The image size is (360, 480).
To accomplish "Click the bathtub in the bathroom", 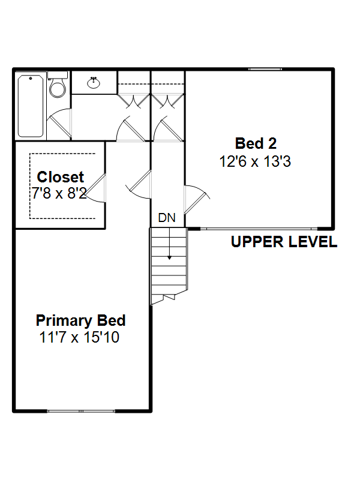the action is pos(31,106).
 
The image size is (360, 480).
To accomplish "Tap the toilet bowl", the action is pos(57,88).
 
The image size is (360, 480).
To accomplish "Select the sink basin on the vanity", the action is pos(94,83).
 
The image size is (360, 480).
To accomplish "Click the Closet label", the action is pos(61,177).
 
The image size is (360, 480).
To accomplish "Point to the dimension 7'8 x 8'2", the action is pos(59,193).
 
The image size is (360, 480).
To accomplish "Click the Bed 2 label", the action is pos(256,143).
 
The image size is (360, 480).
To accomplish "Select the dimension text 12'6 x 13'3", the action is pos(255,161).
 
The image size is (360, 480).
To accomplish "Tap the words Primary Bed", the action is pos(80,320).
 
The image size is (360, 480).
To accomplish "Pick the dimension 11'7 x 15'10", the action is pos(79,337).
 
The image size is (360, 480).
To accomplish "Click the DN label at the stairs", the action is pos(167,218).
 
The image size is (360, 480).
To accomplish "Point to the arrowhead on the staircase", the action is pos(169,258).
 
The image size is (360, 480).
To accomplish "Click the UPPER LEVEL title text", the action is pos(284,242).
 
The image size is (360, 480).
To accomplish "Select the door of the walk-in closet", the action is pos(95,187).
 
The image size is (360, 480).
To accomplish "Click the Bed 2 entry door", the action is pos(196,199).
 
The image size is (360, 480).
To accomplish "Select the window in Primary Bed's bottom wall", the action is pos(81,411).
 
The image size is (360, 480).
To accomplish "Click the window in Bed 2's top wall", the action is pos(265,69).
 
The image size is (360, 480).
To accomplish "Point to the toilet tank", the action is pos(58,75).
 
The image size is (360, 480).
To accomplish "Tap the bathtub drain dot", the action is pos(31,79).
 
